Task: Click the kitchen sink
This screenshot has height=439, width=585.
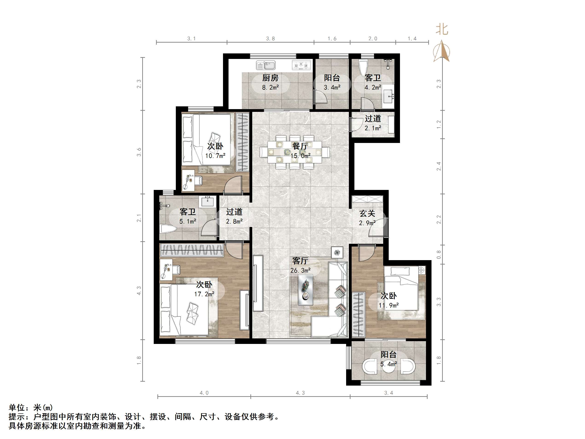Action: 266,65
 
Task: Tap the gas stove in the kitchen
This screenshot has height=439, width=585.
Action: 301,65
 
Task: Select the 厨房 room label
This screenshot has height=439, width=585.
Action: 270,78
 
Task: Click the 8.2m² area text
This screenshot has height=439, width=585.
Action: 270,87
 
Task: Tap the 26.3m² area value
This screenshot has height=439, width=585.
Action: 300,270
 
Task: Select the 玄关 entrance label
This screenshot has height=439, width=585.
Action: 367,213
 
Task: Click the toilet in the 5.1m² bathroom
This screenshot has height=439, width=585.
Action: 168,229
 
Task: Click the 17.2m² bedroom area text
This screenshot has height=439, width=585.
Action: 204,294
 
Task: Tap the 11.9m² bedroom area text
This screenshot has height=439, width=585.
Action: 388,305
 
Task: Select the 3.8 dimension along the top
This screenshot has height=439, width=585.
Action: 270,39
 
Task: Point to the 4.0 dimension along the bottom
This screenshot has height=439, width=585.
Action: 204,393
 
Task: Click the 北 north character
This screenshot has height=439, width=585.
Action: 442,30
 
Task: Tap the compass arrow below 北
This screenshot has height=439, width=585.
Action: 441,51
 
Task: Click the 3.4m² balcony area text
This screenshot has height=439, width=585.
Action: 332,87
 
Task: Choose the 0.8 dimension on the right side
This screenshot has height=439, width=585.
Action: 439,255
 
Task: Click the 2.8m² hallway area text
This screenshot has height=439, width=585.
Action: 234,221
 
